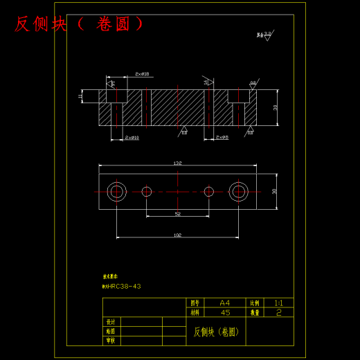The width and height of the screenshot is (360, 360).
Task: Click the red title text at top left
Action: [80, 24]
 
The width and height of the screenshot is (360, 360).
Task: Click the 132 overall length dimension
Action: [177, 163]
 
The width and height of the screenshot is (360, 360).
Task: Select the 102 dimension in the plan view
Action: [177, 235]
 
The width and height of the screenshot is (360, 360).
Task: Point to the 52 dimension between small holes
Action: [177, 215]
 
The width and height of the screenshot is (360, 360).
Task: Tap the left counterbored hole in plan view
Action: [116, 191]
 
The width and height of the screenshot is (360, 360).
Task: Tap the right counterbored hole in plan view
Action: [239, 191]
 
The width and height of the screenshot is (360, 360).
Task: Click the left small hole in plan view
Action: [146, 191]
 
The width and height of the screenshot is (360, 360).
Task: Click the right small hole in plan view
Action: [208, 191]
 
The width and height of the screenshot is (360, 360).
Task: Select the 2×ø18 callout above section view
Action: [143, 74]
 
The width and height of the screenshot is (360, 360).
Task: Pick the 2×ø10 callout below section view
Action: [132, 138]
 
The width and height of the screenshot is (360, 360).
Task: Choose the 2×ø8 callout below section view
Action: [222, 138]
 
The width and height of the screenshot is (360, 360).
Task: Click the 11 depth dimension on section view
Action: [80, 96]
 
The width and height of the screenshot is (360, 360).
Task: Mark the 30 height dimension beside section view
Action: [275, 107]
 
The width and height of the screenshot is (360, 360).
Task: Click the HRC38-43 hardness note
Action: [122, 286]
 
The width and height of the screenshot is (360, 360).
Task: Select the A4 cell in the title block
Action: [224, 303]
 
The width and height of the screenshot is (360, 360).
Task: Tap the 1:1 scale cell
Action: [278, 303]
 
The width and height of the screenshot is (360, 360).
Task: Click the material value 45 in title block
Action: [224, 312]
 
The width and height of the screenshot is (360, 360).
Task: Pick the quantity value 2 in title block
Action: [278, 312]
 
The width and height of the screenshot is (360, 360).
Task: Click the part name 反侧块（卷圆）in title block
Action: [216, 332]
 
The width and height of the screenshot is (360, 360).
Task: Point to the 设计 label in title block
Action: [111, 322]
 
